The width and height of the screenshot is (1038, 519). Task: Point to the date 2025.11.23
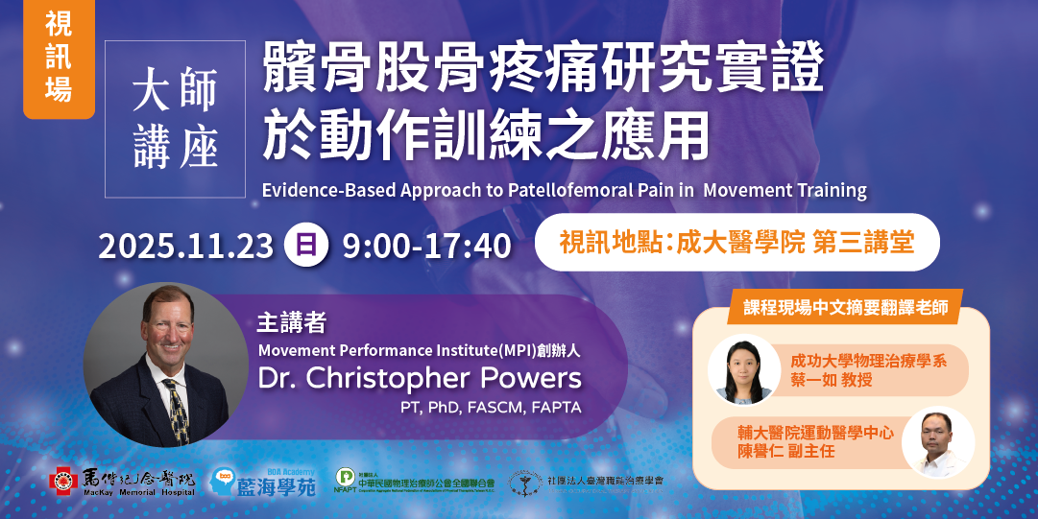(x=185, y=247)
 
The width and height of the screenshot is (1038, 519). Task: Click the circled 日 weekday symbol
(x=306, y=246)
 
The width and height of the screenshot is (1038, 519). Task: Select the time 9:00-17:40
(x=426, y=247)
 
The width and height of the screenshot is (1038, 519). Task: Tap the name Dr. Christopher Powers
(x=420, y=377)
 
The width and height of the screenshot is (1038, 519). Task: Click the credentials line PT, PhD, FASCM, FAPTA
(x=491, y=407)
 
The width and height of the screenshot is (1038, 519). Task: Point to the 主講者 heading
(x=287, y=321)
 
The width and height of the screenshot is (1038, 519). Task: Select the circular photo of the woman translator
(x=743, y=368)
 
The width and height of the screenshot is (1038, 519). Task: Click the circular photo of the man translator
(x=937, y=442)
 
